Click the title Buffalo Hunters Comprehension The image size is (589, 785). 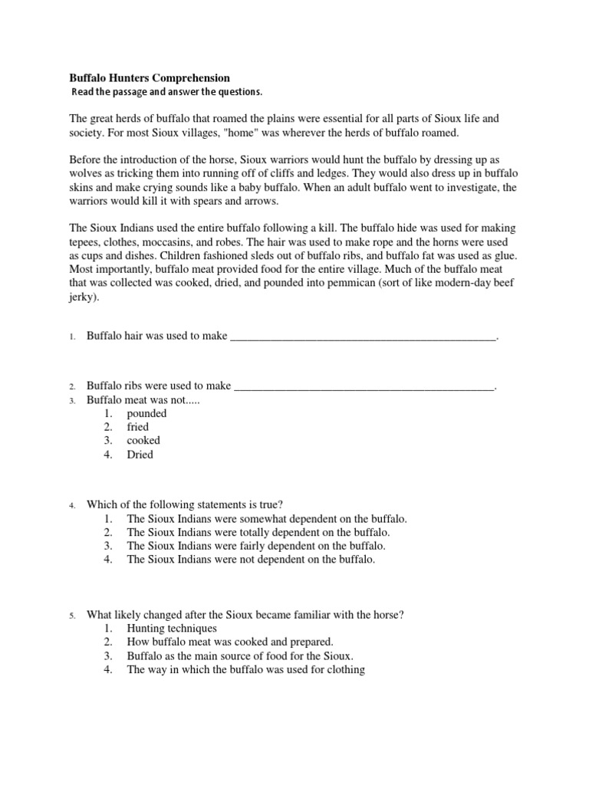(x=150, y=78)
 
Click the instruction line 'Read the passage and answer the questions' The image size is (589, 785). (x=166, y=93)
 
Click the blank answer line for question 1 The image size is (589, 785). (x=364, y=336)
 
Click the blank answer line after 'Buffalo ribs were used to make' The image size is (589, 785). (x=364, y=386)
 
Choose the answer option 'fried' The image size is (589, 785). (x=138, y=427)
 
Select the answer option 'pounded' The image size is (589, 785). (x=146, y=413)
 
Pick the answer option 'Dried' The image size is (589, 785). (x=140, y=455)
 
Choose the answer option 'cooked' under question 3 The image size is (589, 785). (x=143, y=441)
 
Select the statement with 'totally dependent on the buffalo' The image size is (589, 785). (x=258, y=532)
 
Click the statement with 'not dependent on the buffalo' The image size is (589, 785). (x=251, y=560)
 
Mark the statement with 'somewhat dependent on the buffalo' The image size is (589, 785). (x=267, y=518)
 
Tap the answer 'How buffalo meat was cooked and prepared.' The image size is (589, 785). (x=230, y=642)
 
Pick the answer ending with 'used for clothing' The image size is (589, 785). (x=245, y=669)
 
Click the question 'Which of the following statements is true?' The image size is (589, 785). (x=185, y=504)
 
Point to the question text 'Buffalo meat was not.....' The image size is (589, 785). (x=143, y=399)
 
